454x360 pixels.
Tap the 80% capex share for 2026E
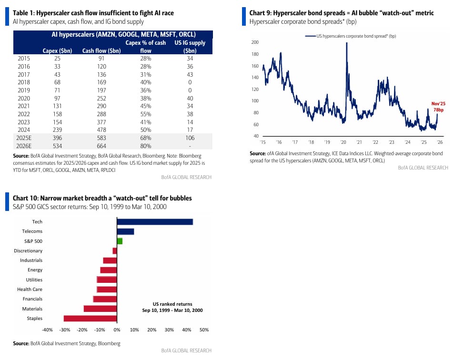[x=145, y=146]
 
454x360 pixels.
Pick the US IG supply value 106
[x=190, y=138]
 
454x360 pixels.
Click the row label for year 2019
[x=24, y=90]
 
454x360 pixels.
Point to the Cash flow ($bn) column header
[x=101, y=51]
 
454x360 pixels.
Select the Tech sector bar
[x=155, y=222]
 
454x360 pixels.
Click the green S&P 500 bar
[x=120, y=241]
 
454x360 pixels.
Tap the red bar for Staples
[x=90, y=319]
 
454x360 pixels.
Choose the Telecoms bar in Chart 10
[x=125, y=231]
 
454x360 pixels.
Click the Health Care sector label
[x=30, y=290]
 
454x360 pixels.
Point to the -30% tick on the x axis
[x=64, y=330]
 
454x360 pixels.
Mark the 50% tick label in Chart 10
[x=204, y=330]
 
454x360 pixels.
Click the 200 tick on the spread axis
[x=255, y=42]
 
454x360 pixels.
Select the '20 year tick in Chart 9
[x=343, y=142]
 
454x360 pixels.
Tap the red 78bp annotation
[x=437, y=110]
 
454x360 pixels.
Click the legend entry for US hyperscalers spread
[x=353, y=36]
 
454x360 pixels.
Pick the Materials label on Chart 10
[x=32, y=309]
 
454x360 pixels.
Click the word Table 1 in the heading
[x=24, y=13]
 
